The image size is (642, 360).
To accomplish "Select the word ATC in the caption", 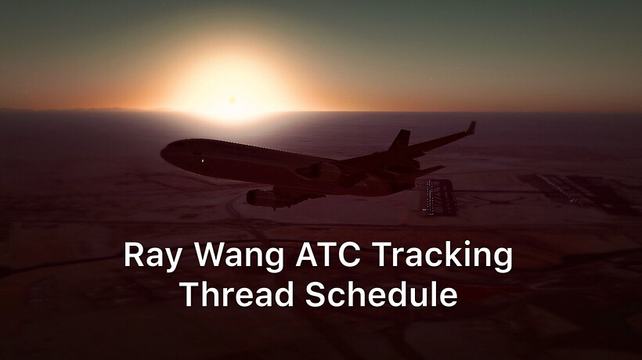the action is point(328,254).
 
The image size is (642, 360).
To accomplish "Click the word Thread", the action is point(237,293).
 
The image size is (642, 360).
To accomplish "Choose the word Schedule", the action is point(381,293).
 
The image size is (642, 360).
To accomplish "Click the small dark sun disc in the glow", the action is point(233,100).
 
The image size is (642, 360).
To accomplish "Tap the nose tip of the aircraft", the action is point(162,153).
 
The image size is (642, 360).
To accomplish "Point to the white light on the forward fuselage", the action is point(202,160).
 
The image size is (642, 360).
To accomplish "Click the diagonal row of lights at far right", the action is point(559,189).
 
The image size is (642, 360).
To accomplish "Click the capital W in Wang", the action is point(211,254).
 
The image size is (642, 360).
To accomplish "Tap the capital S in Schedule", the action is point(315,294).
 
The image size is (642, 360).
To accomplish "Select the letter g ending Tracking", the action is point(503,261).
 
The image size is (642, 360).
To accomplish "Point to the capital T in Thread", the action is point(190,294).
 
